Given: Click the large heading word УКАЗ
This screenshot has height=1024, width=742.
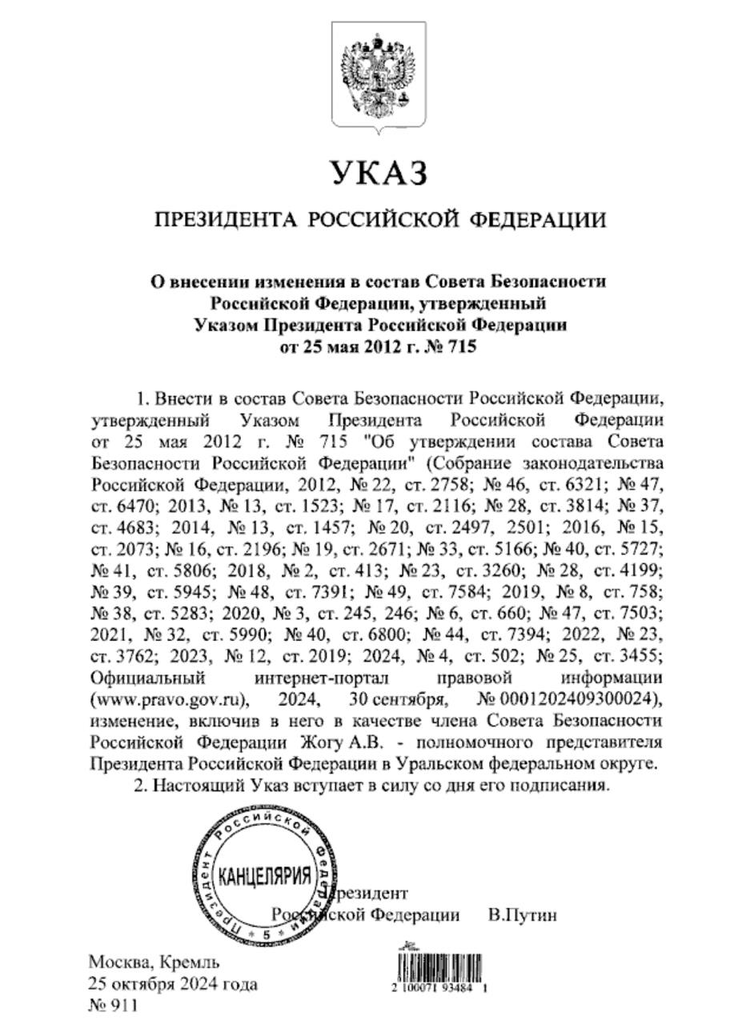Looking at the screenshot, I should tap(379, 173).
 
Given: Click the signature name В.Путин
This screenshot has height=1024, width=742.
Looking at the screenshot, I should tap(522, 915).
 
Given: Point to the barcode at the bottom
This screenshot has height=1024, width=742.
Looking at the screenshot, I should tap(439, 966).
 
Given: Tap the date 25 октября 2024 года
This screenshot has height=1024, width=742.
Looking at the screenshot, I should tap(173, 984).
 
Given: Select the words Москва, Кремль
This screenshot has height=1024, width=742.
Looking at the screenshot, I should tap(154, 962).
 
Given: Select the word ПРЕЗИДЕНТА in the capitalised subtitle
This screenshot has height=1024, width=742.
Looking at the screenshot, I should tap(225, 219).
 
